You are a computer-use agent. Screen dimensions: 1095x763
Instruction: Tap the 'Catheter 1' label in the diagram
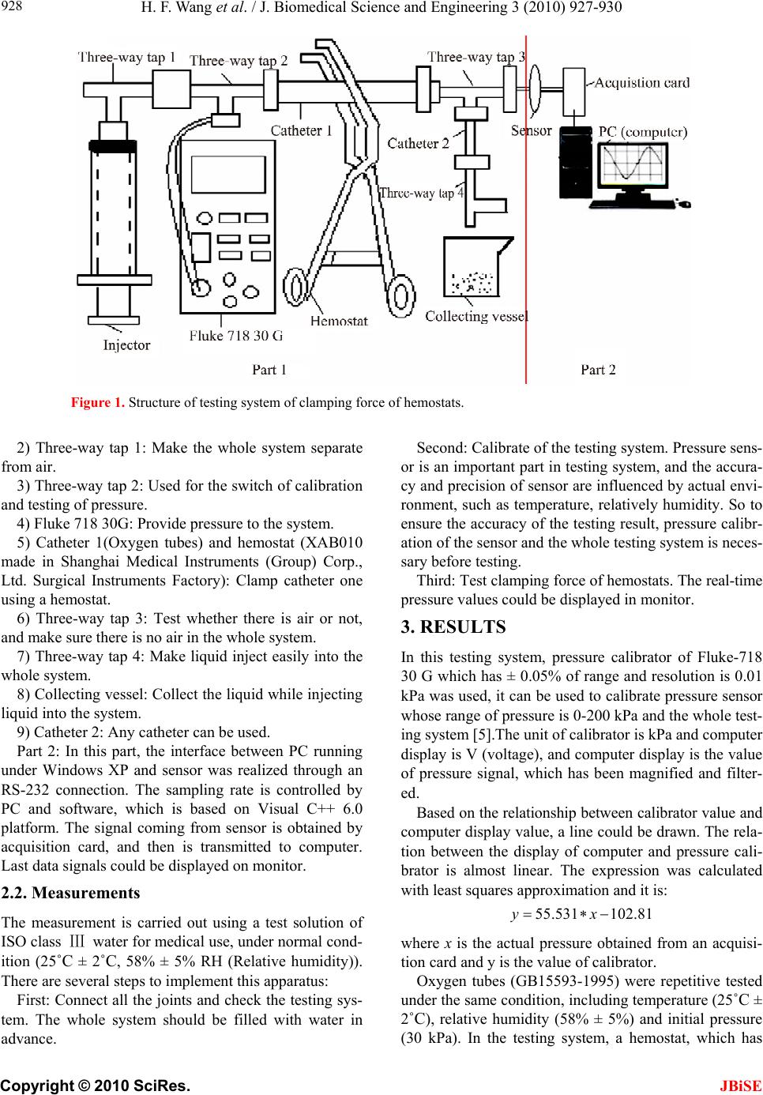pyautogui.click(x=301, y=130)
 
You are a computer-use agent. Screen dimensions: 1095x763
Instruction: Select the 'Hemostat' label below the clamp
pyautogui.click(x=339, y=321)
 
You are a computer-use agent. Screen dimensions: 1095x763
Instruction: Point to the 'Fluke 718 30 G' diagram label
pyautogui.click(x=235, y=336)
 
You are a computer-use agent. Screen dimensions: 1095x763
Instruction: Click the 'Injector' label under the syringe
pyautogui.click(x=126, y=345)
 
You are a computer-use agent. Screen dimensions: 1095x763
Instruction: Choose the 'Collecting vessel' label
pyautogui.click(x=476, y=316)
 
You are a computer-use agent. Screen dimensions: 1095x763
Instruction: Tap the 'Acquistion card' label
pyautogui.click(x=641, y=82)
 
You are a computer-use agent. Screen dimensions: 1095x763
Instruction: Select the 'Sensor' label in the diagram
pyautogui.click(x=531, y=130)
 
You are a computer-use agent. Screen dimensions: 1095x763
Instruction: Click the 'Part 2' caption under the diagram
pyautogui.click(x=598, y=369)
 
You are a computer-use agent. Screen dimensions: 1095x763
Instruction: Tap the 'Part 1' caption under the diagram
pyautogui.click(x=269, y=369)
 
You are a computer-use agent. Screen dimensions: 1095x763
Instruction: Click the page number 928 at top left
pyautogui.click(x=13, y=7)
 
